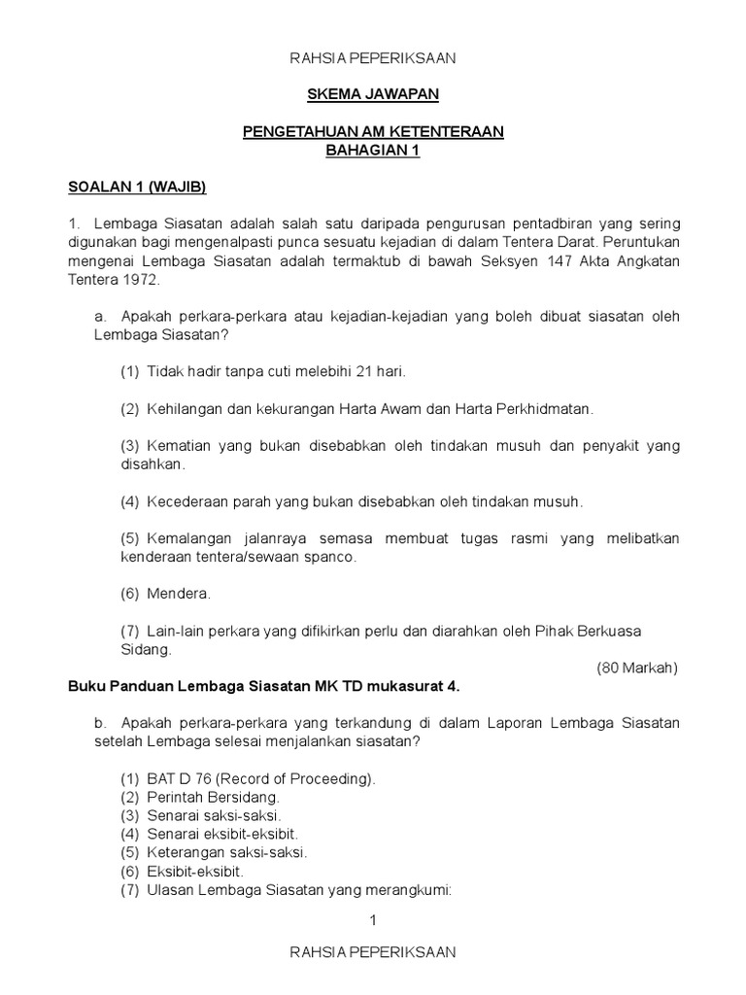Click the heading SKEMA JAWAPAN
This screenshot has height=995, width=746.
[x=373, y=94]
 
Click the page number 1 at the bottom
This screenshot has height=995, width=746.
[x=373, y=920]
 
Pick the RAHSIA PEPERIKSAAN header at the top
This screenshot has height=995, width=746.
[x=373, y=58]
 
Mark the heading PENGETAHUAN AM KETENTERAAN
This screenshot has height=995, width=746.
[x=373, y=132]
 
